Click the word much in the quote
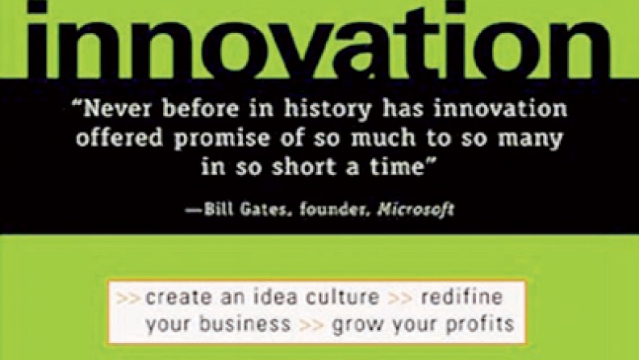click(383, 138)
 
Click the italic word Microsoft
click(416, 209)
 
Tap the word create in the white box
click(177, 297)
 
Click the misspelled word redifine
click(461, 297)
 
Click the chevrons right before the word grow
click(311, 325)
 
